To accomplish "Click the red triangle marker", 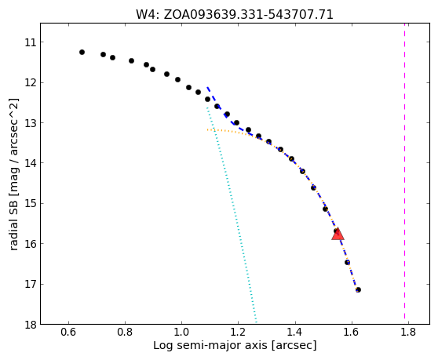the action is click(x=338, y=234).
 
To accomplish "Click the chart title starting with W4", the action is click(x=235, y=15).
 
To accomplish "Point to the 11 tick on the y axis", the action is click(x=42, y=42).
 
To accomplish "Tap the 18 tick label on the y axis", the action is click(x=31, y=325).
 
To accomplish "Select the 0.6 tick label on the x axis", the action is click(x=69, y=333).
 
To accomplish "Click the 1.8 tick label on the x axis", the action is click(x=408, y=333).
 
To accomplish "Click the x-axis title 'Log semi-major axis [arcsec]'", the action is click(x=235, y=345).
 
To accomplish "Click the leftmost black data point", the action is click(x=82, y=53).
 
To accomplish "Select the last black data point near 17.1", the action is click(x=358, y=290).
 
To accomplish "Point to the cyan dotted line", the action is click(x=232, y=215).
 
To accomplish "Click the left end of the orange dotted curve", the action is click(x=207, y=129).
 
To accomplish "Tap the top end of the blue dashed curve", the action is click(x=207, y=87).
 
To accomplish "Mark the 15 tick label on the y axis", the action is click(x=31, y=204).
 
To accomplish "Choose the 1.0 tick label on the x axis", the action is click(x=181, y=333).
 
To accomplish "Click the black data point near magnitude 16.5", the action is click(x=347, y=262).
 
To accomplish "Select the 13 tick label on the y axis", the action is click(x=31, y=123).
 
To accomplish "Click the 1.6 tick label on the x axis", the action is click(x=352, y=333).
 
